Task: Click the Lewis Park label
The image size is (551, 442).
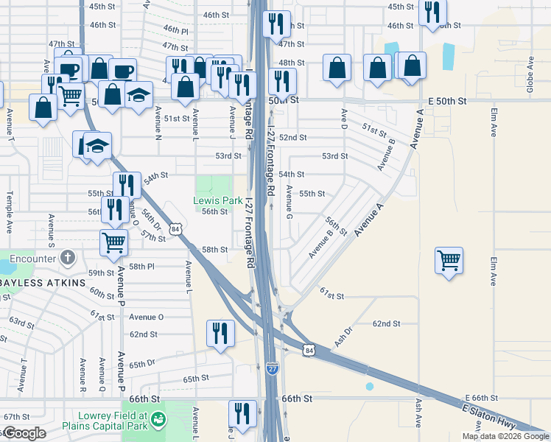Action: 217,200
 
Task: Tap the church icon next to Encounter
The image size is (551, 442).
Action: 68,259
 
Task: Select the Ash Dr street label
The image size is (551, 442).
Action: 341,337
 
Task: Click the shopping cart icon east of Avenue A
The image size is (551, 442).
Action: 449,260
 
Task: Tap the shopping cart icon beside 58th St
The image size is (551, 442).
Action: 113,242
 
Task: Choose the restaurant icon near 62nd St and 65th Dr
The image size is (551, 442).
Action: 220,333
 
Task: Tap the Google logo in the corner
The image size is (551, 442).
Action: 24,433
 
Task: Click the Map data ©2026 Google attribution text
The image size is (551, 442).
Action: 505,436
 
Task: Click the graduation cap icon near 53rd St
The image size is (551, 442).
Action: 96,145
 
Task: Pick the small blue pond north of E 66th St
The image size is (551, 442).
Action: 369,386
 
